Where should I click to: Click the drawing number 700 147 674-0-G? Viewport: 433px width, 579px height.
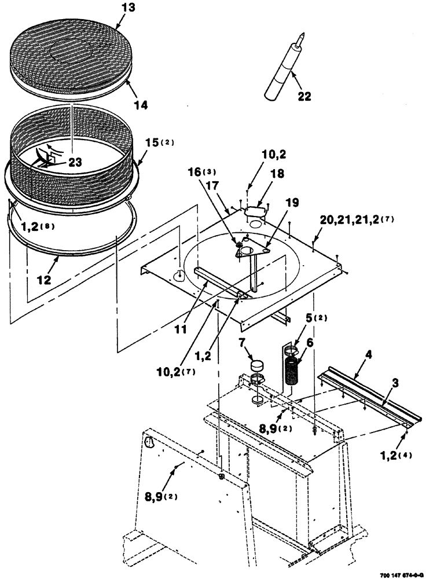point(405,573)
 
